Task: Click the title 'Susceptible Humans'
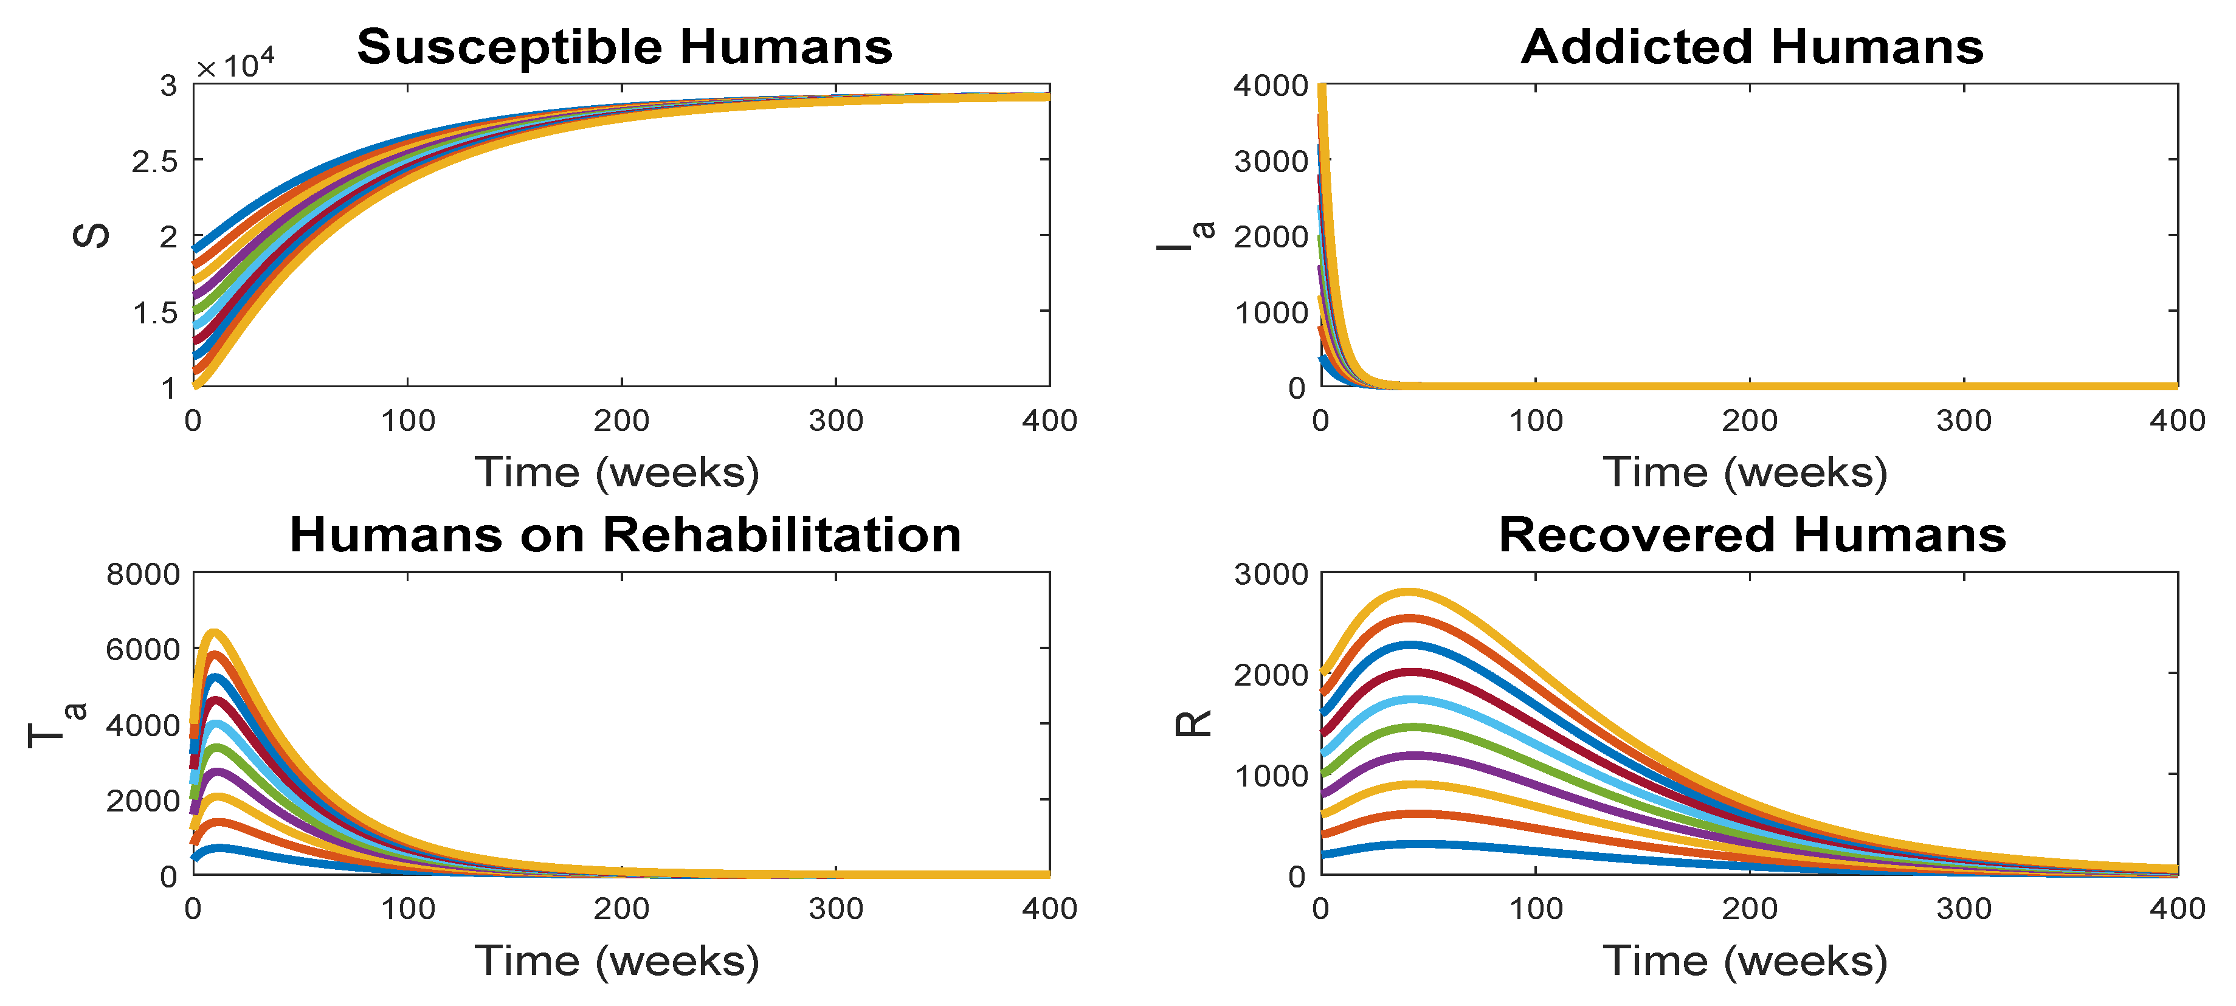(625, 46)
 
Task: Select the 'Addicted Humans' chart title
(1753, 46)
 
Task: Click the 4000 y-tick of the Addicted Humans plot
(1271, 85)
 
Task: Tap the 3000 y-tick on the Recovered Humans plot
(1271, 574)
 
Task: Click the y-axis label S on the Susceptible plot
(90, 235)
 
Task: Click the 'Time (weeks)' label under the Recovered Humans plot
(1745, 961)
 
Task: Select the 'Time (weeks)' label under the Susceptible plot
(617, 473)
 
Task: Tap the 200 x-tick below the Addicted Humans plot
(1749, 421)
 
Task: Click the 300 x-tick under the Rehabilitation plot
(836, 909)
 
